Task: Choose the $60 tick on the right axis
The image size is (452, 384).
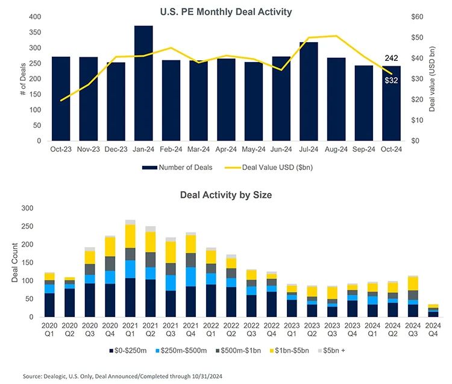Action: pyautogui.click(x=416, y=17)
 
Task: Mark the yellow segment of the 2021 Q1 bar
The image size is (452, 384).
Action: pyautogui.click(x=130, y=236)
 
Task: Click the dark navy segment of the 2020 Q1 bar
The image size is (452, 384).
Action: pyautogui.click(x=49, y=305)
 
